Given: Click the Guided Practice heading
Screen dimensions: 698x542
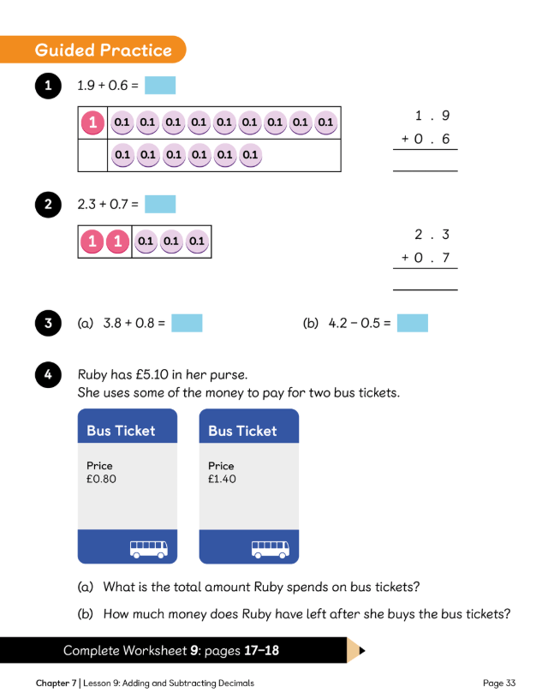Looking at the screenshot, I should tap(103, 51).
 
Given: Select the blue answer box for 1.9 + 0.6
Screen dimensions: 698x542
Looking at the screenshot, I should tap(160, 86).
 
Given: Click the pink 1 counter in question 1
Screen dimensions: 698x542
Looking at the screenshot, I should tap(92, 123).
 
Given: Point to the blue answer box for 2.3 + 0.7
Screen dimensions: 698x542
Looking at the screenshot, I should tap(160, 205).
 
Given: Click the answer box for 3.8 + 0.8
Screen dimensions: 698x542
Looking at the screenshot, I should tap(187, 323).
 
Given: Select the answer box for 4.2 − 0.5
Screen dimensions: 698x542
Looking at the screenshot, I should tap(412, 323).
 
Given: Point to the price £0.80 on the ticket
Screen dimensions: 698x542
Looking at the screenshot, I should tap(101, 479).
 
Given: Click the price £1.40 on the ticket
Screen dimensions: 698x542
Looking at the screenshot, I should tap(223, 479).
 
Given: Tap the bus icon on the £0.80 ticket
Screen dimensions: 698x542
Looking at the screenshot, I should tap(149, 548).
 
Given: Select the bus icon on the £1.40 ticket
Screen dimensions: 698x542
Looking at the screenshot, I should tap(271, 548).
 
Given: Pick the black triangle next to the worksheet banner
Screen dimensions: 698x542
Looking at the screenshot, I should tap(362, 651).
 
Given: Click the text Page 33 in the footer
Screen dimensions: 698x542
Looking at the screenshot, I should tap(499, 683).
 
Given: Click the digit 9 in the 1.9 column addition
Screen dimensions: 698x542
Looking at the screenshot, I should tap(445, 116).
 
